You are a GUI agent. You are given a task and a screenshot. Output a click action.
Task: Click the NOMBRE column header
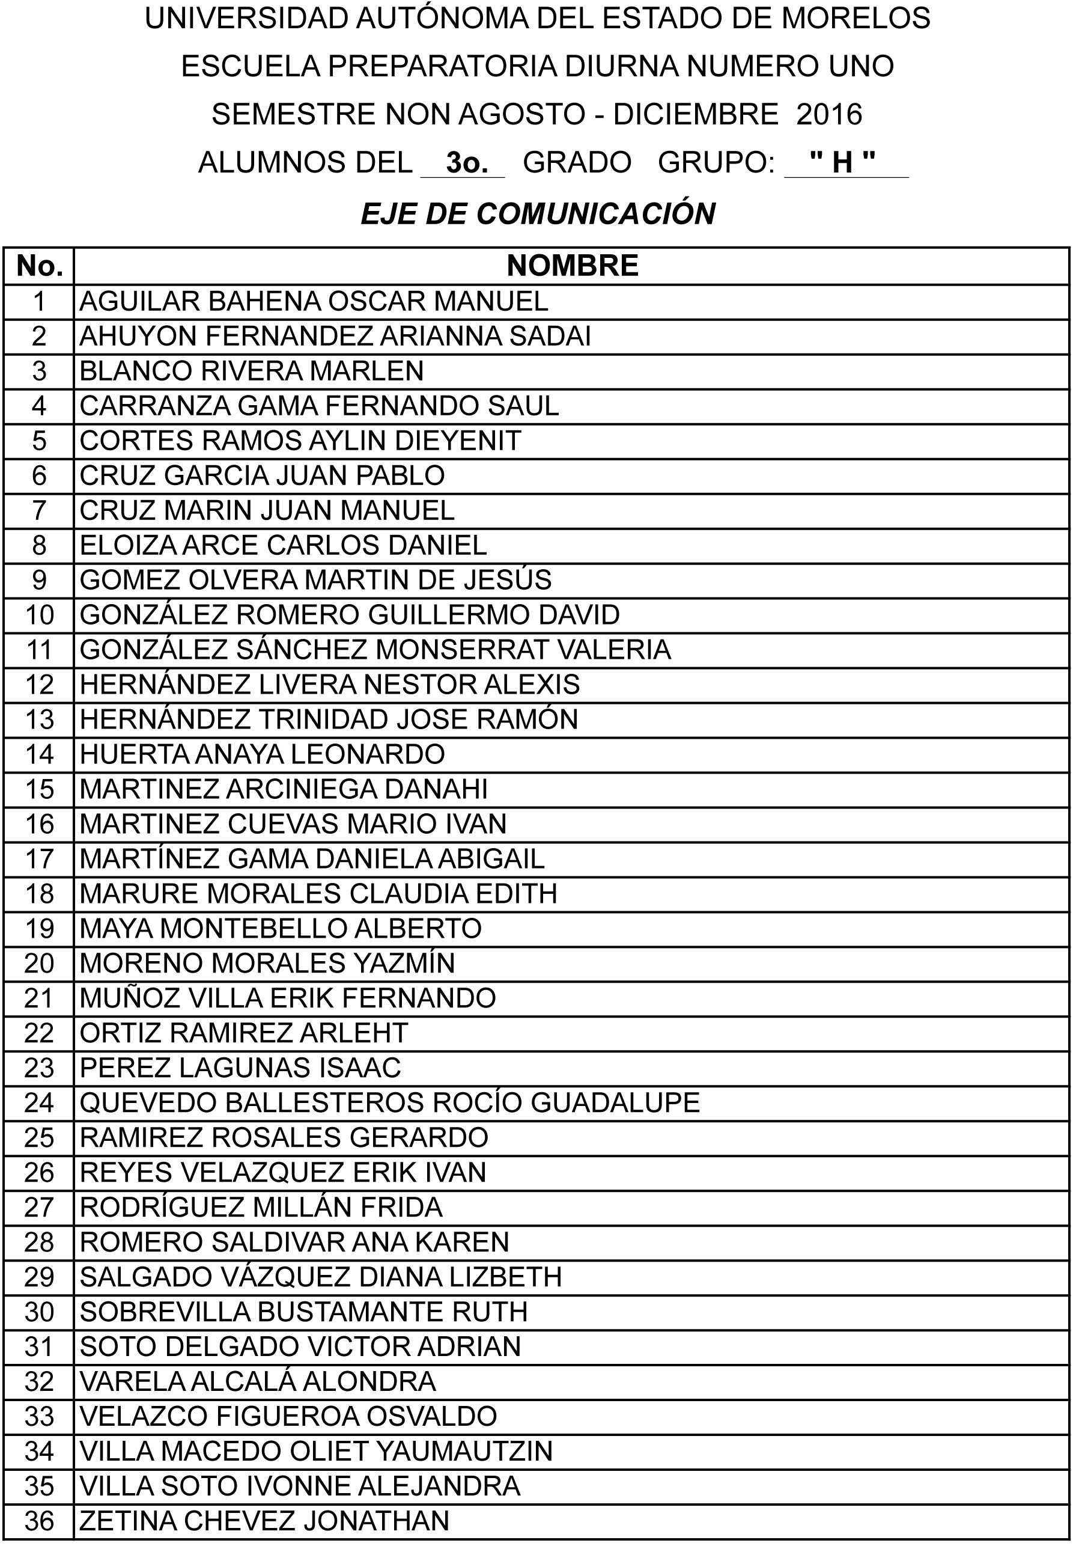pos(572,265)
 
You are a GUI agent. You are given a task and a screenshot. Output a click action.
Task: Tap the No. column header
pos(39,266)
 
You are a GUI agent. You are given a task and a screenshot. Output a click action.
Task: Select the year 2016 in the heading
pos(829,114)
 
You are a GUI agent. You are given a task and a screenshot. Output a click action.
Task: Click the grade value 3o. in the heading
pos(466,163)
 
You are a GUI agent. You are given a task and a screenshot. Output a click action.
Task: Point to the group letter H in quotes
pos(842,162)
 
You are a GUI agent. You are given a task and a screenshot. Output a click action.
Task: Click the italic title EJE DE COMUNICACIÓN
pos(538,213)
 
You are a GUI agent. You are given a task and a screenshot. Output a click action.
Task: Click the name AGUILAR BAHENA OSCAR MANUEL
pos(314,301)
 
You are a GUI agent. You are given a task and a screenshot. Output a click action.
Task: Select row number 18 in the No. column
pos(39,894)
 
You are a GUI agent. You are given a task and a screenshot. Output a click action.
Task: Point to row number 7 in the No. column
pos(39,510)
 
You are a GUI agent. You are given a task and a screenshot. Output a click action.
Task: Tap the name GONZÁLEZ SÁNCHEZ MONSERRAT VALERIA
pos(375,650)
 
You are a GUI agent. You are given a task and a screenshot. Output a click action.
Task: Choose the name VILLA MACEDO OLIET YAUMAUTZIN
pos(315,1451)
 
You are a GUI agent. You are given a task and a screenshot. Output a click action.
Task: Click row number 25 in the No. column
pos(39,1137)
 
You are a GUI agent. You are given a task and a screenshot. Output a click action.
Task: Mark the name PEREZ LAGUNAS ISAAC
pos(240,1068)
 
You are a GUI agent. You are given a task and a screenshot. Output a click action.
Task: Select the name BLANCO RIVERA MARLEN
pos(252,371)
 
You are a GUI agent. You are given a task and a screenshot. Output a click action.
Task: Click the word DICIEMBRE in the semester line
pos(696,114)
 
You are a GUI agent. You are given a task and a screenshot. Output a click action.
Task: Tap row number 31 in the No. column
pos(39,1346)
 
